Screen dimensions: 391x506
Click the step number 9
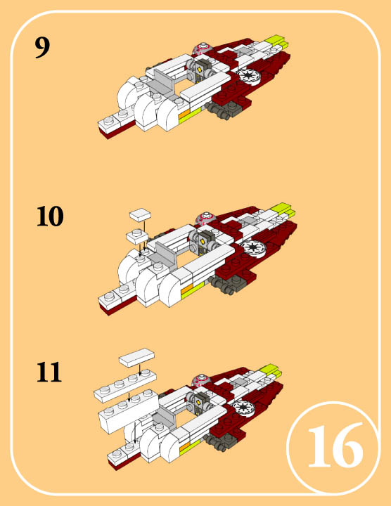[x=42, y=47]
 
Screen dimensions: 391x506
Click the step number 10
[x=50, y=216]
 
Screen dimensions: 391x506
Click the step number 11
[x=49, y=372]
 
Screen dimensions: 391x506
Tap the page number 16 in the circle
[x=335, y=446]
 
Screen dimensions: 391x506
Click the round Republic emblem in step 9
[x=249, y=77]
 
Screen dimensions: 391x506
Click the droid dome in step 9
[x=202, y=48]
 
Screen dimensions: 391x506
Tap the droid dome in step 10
[x=205, y=218]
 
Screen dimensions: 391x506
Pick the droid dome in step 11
[x=201, y=380]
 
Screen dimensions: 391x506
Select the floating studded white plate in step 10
[x=137, y=236]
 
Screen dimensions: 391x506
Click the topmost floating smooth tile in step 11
[x=136, y=357]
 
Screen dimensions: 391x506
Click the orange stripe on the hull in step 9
[x=184, y=114]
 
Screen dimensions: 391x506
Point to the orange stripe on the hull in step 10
[x=187, y=290]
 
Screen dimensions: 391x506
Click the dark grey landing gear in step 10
[x=228, y=285]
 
